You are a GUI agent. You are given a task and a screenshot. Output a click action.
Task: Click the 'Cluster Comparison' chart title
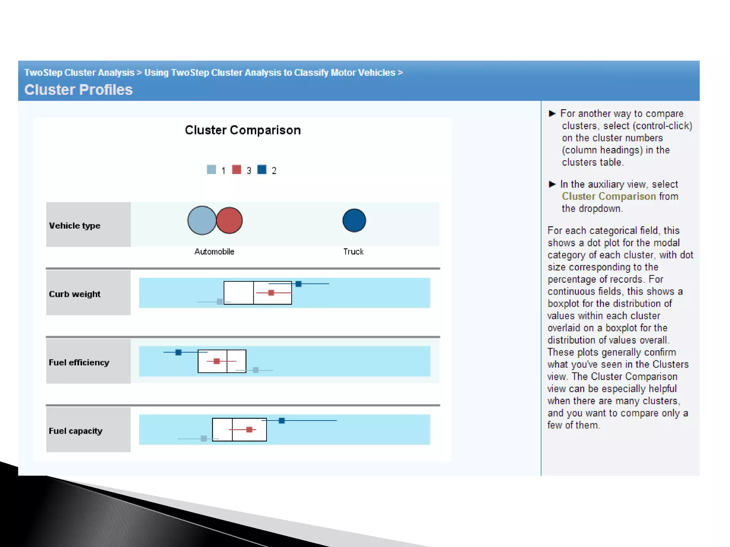coord(243,130)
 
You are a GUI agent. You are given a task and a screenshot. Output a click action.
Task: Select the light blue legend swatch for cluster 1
coord(211,170)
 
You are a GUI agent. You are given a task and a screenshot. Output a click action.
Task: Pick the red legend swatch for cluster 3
coord(236,170)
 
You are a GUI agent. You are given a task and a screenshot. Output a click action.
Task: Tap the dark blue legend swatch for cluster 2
coord(262,170)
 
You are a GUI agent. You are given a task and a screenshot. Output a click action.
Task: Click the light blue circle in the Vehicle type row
coord(201,220)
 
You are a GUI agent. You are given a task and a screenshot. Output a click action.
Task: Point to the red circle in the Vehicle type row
coord(230,220)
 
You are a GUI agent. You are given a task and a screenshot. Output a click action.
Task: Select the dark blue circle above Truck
coord(354,220)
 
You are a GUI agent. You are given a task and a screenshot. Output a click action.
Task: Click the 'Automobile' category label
coord(214,252)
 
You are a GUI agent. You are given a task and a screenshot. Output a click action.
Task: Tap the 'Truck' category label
coord(353,252)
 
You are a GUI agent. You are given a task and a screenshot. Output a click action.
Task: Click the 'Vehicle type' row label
coord(75,226)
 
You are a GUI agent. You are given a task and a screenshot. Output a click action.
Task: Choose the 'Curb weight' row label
coord(75,294)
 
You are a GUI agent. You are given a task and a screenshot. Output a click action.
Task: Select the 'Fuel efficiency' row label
coord(79,363)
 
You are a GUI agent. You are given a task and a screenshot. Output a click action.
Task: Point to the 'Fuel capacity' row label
coord(76,431)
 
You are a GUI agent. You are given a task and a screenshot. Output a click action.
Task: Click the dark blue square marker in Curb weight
coord(299,284)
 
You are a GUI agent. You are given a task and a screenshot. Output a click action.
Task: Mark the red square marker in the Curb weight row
coord(271,293)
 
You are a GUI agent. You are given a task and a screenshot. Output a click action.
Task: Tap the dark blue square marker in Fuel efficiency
coord(179,352)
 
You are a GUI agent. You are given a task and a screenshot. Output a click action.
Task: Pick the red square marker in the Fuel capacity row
coord(249,429)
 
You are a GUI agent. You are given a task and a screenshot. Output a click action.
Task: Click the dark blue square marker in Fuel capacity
coord(282,421)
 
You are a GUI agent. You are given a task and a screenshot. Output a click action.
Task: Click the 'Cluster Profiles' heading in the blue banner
coord(78,90)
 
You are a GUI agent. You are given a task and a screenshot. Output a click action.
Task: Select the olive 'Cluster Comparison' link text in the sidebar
coord(609,197)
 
